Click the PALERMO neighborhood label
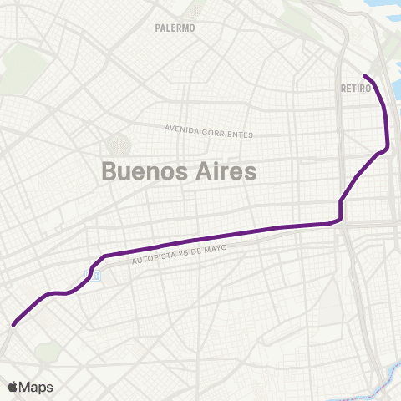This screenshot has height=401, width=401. point(175,28)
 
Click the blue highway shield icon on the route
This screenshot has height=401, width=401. point(97,276)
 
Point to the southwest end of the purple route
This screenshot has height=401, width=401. point(13,325)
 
